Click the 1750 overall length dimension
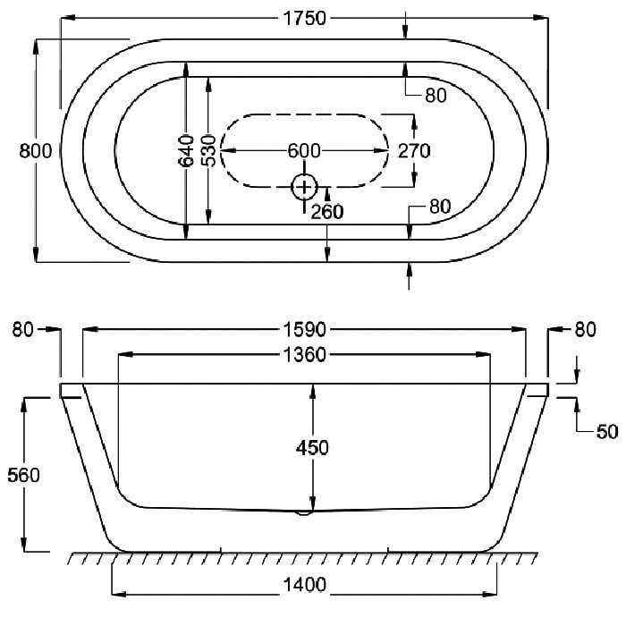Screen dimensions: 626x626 pos(304,19)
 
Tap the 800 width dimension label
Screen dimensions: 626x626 pos(36,151)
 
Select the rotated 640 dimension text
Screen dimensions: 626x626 pos(186,150)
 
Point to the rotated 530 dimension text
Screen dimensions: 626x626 pos(208,150)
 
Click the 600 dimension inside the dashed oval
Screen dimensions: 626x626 pos(304,151)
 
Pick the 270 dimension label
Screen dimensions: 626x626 pos(414,151)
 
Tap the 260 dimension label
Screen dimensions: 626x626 pos(327,212)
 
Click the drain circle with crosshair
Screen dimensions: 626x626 pos(304,187)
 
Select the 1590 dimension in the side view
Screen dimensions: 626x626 pos(304,330)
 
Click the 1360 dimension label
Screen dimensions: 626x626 pos(304,354)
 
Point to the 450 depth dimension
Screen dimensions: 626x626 pos(312,448)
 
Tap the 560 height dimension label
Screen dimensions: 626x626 pos(23,475)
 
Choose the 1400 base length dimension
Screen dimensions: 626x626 pos(304,585)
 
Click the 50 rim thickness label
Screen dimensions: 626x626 pos(607,432)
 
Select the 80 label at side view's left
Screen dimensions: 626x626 pos(22,330)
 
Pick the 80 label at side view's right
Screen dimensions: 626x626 pos(585,330)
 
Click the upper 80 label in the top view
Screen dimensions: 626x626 pos(436,96)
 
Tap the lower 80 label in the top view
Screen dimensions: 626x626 pos(440,207)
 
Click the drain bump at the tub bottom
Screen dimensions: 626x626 pos(304,513)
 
